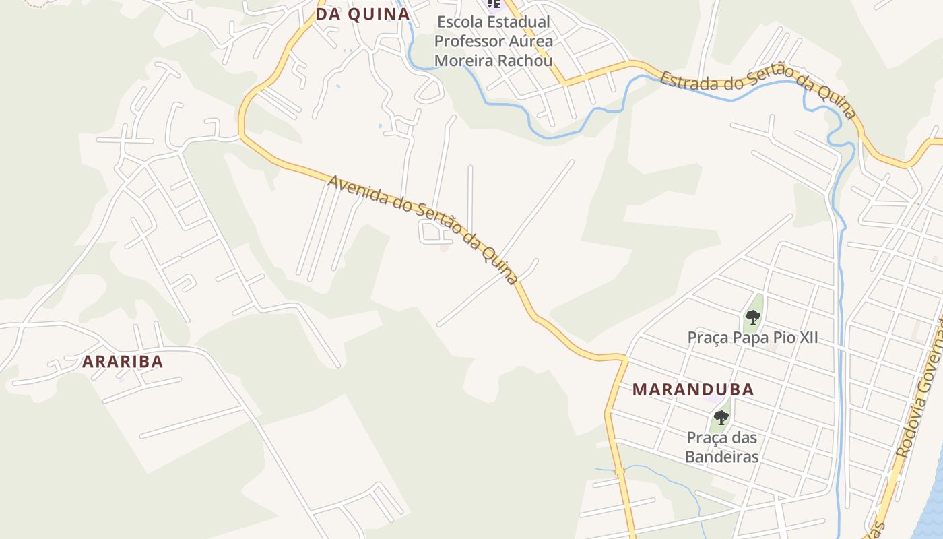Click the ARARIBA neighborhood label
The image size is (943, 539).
pyautogui.click(x=123, y=362)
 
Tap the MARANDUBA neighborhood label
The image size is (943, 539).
pyautogui.click(x=693, y=390)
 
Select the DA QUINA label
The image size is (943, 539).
pyautogui.click(x=362, y=15)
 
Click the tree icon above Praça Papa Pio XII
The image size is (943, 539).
pyautogui.click(x=752, y=317)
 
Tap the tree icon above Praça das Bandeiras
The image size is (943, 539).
pyautogui.click(x=721, y=418)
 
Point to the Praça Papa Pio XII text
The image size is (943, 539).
pyautogui.click(x=752, y=338)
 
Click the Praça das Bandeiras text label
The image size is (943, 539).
pyautogui.click(x=722, y=447)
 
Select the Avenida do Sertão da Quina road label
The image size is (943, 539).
pyautogui.click(x=423, y=229)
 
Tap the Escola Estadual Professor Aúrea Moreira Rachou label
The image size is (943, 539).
pyautogui.click(x=493, y=41)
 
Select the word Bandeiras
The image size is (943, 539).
pyautogui.click(x=722, y=457)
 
